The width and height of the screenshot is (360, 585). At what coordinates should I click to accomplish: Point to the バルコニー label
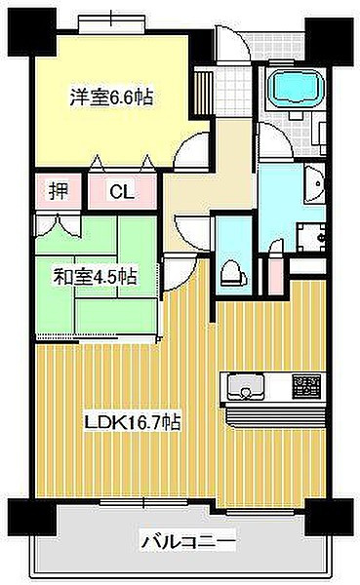(189, 539)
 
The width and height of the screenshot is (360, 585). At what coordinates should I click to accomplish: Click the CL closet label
(121, 192)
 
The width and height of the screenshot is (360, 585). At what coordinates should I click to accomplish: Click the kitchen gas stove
(306, 386)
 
